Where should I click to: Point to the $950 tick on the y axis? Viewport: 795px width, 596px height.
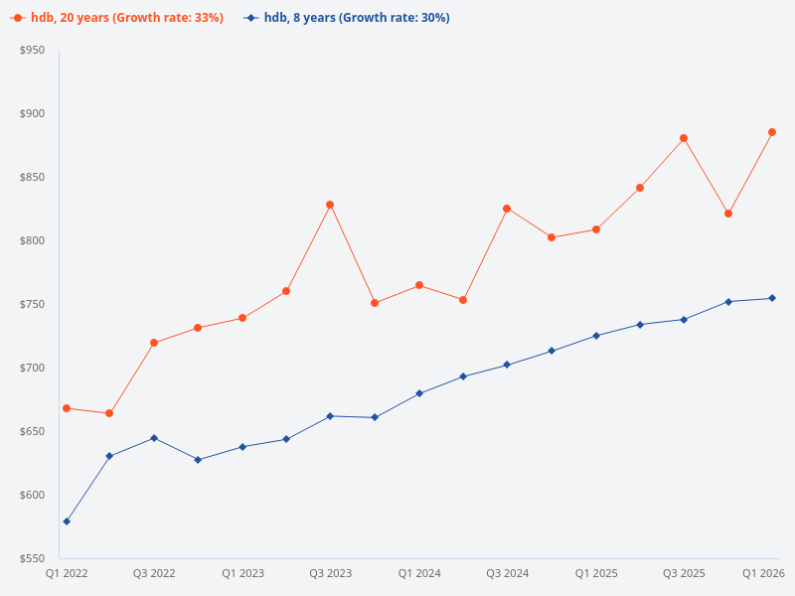[x=33, y=50]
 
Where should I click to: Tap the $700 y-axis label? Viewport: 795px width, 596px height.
[x=33, y=368]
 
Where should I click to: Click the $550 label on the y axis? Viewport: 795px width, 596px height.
[x=33, y=558]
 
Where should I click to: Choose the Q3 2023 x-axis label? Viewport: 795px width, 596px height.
[x=330, y=573]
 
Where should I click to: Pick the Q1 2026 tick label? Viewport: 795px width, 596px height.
[x=764, y=573]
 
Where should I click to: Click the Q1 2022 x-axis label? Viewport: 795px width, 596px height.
[x=67, y=573]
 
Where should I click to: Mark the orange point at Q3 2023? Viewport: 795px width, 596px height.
[x=330, y=205]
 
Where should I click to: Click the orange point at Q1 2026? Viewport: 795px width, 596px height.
[x=772, y=132]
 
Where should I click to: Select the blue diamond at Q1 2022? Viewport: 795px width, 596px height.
[x=67, y=521]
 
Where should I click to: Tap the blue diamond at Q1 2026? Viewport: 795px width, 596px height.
[x=772, y=298]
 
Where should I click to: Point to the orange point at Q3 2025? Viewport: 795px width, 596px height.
[x=684, y=138]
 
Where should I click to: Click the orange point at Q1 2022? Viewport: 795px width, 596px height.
[x=67, y=408]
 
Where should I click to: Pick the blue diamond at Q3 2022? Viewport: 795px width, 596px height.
[x=154, y=438]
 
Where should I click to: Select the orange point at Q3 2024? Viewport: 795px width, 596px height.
[x=507, y=209]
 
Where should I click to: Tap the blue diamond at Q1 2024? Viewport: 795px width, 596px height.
[x=419, y=393]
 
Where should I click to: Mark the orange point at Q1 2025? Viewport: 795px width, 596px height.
[x=595, y=229]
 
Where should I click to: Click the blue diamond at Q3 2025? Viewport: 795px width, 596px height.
[x=684, y=320]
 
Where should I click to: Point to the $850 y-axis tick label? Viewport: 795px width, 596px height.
[x=33, y=177]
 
